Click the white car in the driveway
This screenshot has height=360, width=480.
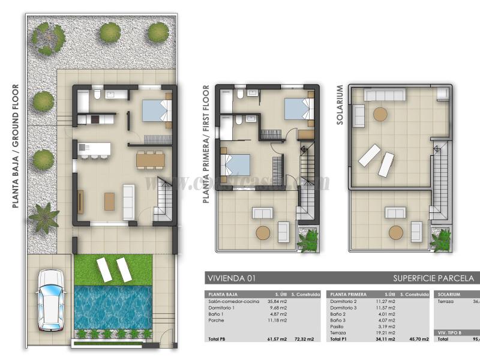coord(50,300)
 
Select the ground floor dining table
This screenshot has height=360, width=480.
coord(150,160)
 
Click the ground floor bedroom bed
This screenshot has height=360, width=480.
coord(156,111)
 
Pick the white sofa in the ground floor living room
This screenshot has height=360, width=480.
coord(128,201)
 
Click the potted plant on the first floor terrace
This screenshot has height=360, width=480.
coord(311,240)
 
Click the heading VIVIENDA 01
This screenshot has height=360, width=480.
coord(231,278)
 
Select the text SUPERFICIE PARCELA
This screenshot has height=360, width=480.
coord(433,278)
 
